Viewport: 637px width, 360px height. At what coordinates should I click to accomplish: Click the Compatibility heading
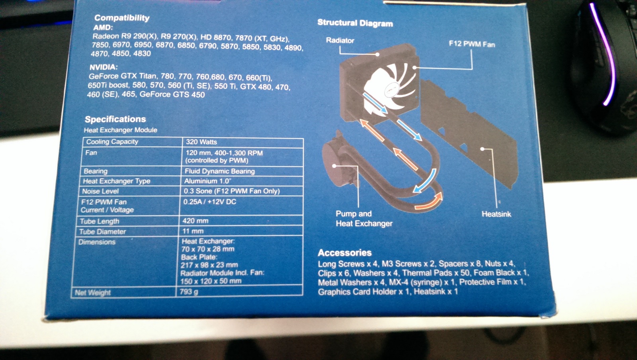122,18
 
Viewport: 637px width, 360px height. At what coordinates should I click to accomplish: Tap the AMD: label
103,27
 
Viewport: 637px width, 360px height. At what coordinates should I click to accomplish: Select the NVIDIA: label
104,67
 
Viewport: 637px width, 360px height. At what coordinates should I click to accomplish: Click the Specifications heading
115,119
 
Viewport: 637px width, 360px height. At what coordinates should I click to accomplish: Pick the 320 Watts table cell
201,142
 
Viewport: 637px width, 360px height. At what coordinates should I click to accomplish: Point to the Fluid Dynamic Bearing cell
219,171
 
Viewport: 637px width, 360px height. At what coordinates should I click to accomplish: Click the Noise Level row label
100,191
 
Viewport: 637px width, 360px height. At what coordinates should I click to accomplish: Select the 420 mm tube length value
195,221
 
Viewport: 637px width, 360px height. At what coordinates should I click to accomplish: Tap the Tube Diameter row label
102,231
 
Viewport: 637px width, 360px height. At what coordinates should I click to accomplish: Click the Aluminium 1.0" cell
207,181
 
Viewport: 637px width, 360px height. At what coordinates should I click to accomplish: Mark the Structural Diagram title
355,23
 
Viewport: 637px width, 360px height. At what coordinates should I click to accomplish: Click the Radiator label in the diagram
340,40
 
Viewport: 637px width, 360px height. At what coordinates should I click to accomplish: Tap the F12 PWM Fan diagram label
472,44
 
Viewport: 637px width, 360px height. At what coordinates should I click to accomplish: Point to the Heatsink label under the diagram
496,214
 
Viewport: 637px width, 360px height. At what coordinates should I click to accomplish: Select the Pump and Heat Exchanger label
364,218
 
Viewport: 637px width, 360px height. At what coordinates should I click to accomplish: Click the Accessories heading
345,252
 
